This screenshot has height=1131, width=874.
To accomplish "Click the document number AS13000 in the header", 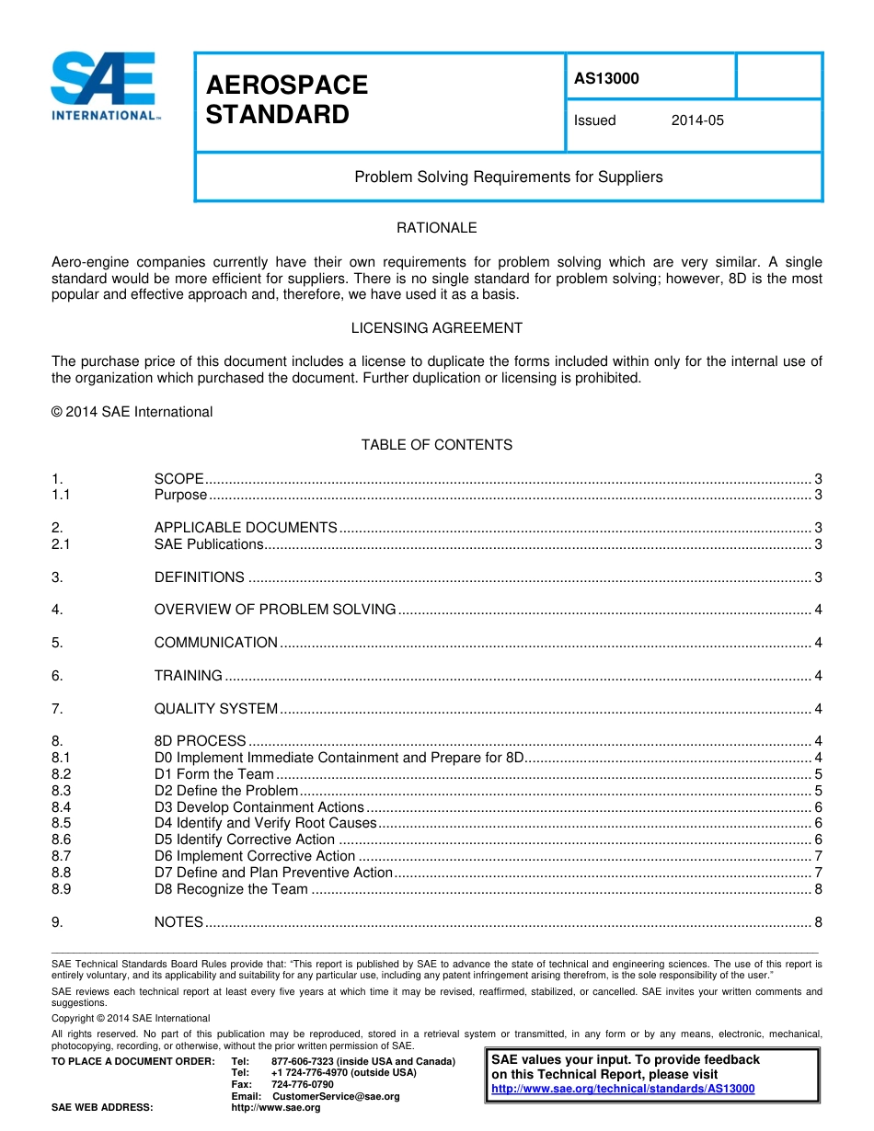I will [x=606, y=78].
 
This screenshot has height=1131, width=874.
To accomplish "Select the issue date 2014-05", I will [x=697, y=120].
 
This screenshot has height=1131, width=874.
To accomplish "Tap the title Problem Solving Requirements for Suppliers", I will [x=509, y=177].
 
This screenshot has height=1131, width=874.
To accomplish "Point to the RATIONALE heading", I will [x=436, y=227].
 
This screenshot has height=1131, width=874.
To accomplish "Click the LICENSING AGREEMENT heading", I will [x=436, y=327].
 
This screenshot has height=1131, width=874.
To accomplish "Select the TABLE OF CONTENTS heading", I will [x=436, y=444].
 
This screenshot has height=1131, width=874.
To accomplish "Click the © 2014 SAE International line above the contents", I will [x=132, y=412].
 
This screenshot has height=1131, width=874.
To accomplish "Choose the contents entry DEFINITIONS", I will [x=200, y=577].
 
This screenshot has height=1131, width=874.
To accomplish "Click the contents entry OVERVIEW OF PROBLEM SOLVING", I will [x=275, y=610].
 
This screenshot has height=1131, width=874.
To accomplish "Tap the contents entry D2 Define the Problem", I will [x=226, y=791].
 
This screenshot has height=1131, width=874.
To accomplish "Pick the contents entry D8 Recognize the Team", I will [x=231, y=889].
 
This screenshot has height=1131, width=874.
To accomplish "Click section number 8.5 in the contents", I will [x=62, y=823].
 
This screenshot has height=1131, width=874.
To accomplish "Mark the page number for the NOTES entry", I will [x=818, y=922].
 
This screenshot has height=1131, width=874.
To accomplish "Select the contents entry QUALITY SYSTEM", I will [x=216, y=709].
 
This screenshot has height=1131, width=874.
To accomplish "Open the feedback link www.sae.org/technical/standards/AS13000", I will [x=623, y=1089].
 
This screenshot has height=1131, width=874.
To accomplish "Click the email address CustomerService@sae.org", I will [x=336, y=1096].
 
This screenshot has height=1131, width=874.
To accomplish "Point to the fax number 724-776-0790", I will [x=303, y=1084].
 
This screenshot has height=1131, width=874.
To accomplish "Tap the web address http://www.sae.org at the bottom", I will [x=276, y=1108].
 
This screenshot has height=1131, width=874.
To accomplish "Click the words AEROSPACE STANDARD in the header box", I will [x=286, y=100].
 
